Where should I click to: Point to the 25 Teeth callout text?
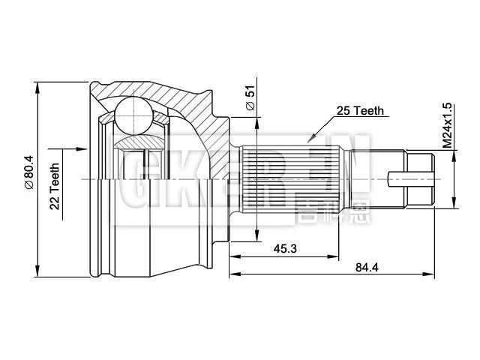pos(360,110)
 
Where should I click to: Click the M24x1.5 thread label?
pos(448,124)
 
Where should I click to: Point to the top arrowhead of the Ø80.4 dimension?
pos(37,85)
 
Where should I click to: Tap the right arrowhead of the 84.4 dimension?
pos(431,274)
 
